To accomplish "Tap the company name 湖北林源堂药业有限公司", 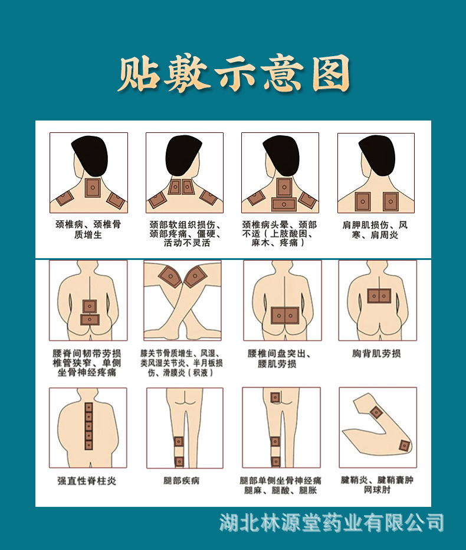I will (332, 523).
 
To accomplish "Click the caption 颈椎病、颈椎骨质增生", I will (88, 230).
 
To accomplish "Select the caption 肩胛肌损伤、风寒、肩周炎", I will (375, 230).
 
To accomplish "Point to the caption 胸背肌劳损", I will (376, 353).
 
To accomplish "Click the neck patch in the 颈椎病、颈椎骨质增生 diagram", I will (93, 188).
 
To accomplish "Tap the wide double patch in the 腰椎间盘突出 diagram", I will (284, 315).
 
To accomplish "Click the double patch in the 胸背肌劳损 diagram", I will (378, 295).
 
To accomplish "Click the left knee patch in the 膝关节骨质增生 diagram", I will (170, 276).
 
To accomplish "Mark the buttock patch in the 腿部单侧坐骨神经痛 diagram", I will (275, 398).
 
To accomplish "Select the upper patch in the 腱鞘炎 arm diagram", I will (376, 412).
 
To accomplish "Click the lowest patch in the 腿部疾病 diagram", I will (179, 461).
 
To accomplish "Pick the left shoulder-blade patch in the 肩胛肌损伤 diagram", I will (363, 201).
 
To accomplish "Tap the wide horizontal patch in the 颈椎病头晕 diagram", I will (284, 204).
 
